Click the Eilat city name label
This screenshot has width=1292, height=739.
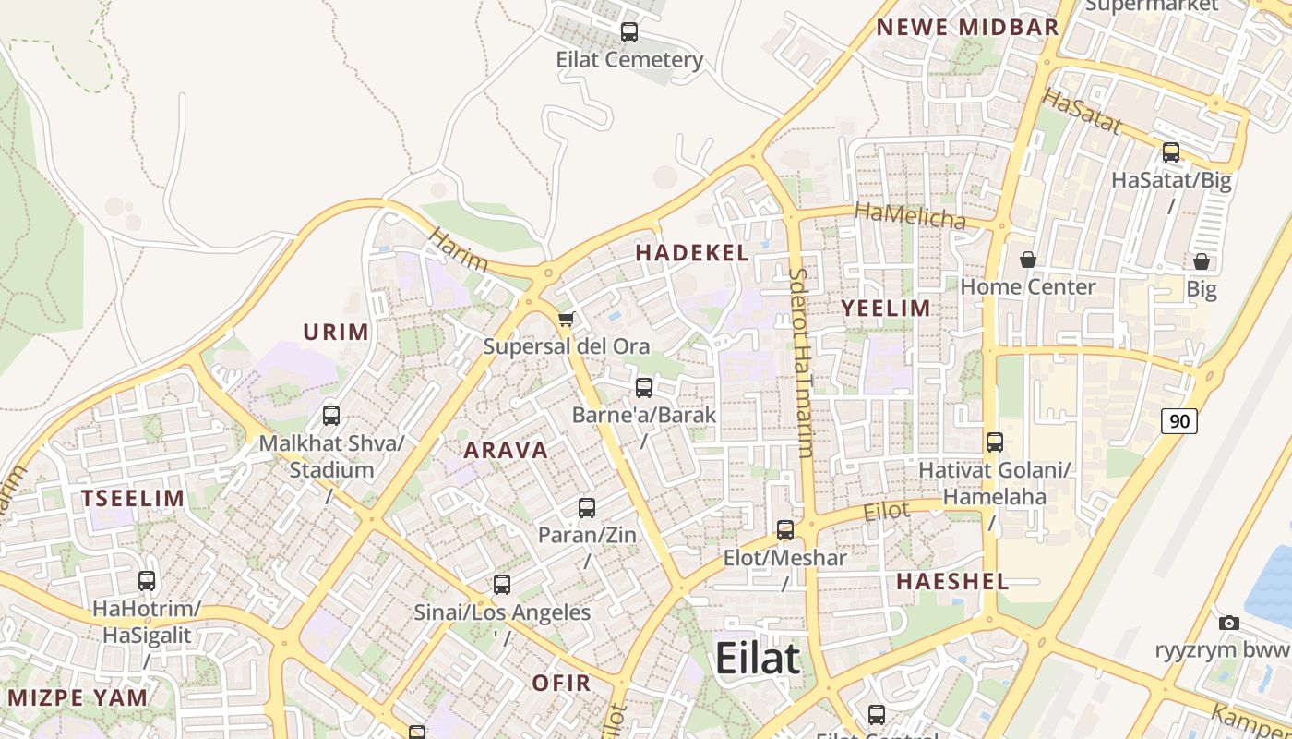pos(758,659)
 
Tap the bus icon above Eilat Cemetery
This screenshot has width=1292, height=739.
pos(629,32)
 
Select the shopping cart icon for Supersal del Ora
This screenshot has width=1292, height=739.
pos(567,320)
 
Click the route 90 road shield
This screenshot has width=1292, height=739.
pos(1179,421)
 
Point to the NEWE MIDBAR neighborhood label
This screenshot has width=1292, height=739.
pos(967,28)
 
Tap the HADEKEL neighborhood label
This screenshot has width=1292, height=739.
pos(692,253)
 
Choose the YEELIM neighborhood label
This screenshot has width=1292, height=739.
pos(886,309)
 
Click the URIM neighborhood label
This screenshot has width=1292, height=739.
pos(336,333)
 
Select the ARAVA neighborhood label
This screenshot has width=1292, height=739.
pos(506,451)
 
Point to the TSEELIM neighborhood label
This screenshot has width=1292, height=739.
pos(133,499)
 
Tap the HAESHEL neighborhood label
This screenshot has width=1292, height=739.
pos(952,582)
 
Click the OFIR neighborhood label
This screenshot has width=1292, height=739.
pos(561,684)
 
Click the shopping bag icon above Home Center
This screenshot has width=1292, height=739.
pos(1027,260)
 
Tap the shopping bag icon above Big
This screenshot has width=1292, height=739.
pos(1201,262)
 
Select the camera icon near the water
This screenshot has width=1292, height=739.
pos(1228,624)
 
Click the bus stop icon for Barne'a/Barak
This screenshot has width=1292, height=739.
pos(644,388)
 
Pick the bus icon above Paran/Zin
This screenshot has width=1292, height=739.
pos(587,507)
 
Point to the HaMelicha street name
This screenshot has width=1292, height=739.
pos(910,217)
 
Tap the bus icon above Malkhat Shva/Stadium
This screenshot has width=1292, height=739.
pos(331,416)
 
